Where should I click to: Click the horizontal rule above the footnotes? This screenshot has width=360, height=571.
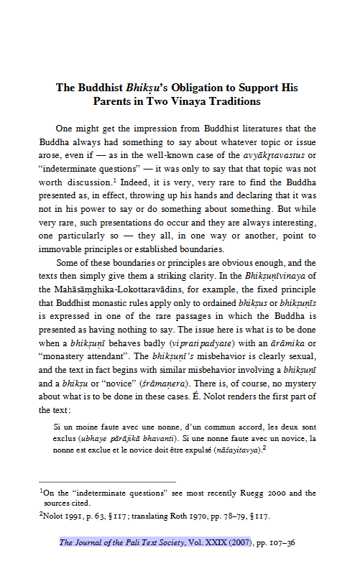pyautogui.click(x=106, y=482)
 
